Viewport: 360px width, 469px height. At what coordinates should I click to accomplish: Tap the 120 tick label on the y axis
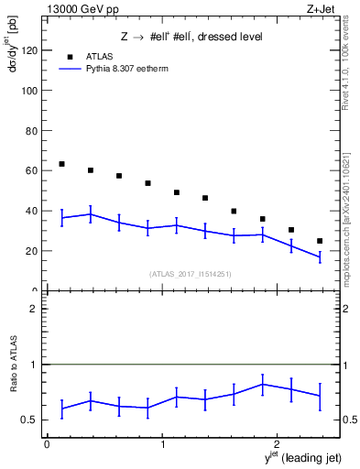tap(29, 51)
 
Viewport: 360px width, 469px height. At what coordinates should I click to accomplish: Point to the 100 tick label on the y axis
tap(29, 92)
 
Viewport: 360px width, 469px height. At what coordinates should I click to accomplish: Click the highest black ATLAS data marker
tap(61, 164)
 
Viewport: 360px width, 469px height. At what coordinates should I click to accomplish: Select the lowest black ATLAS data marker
tap(320, 241)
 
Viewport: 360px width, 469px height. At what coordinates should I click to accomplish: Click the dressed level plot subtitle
tap(192, 37)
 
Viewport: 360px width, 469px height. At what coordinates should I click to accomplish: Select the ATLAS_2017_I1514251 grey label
tap(191, 274)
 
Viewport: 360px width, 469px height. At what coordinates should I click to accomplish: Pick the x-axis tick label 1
tap(162, 444)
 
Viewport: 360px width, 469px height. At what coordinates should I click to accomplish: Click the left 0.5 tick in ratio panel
tap(34, 420)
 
